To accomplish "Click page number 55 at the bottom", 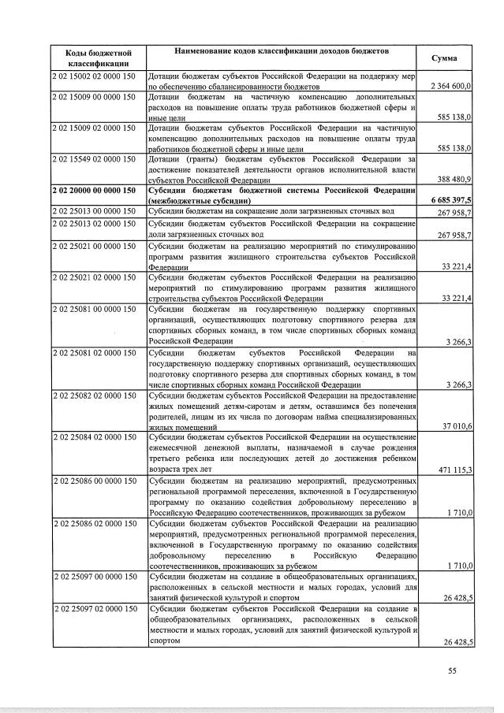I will (x=452, y=670).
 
